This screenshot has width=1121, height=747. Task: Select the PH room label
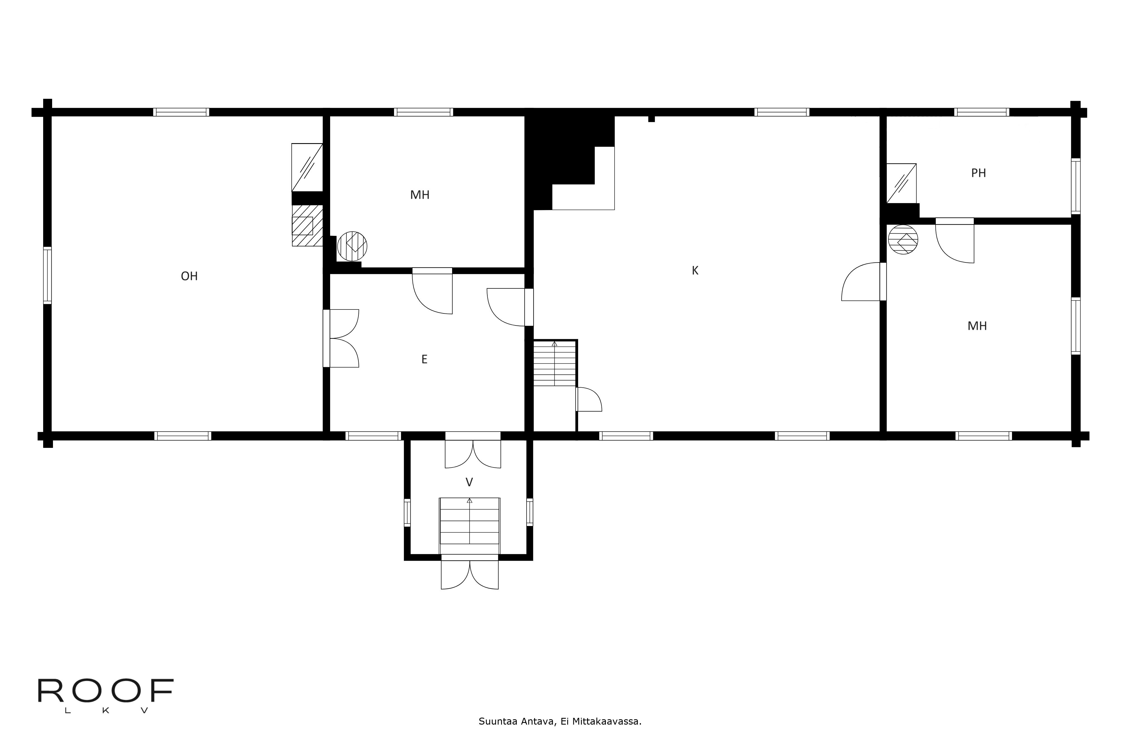pos(978,173)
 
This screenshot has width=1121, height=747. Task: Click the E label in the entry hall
pos(424,359)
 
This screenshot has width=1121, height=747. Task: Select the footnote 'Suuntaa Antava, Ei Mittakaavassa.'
pos(560,721)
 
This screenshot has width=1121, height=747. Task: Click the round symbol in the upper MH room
pos(352,246)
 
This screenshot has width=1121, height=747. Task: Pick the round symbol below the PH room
pos(903,239)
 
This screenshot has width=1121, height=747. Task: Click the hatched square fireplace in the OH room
pos(307,225)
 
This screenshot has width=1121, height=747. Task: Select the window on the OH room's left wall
pos(47,275)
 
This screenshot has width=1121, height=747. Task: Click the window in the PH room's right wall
pos(1075,186)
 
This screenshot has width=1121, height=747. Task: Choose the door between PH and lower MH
pos(955,241)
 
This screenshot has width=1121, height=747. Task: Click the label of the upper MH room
pos(420,195)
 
